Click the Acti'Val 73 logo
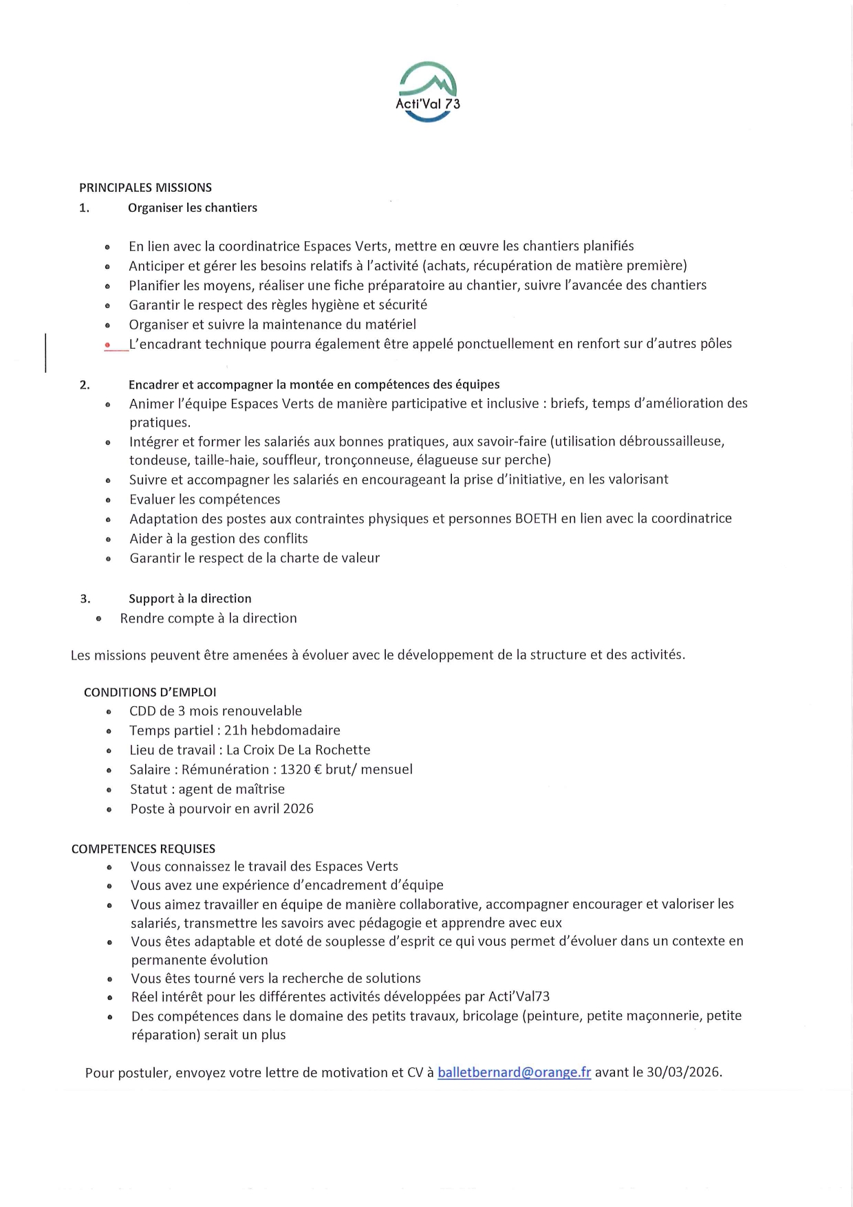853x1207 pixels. click(x=427, y=92)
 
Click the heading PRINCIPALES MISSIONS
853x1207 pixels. click(x=145, y=188)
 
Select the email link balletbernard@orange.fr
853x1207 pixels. click(x=514, y=1072)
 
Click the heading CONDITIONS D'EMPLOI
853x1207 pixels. click(x=150, y=693)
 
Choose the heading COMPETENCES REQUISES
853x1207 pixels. click(x=143, y=849)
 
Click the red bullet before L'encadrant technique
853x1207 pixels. click(x=107, y=345)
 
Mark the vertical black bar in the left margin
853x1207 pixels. click(x=45, y=353)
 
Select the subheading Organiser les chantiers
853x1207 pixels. click(x=193, y=208)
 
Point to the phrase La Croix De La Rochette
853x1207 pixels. click(x=298, y=750)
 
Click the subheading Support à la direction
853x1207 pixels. click(x=190, y=599)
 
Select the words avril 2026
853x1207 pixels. click(x=283, y=809)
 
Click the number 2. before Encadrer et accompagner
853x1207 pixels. click(x=85, y=385)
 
